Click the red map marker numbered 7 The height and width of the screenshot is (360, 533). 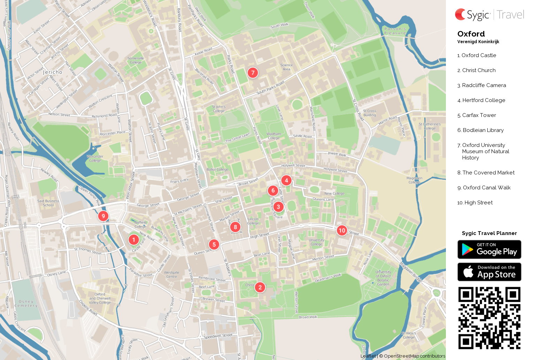(x=253, y=72)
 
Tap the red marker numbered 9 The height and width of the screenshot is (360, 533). (x=103, y=216)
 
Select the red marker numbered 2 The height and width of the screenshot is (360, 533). (x=260, y=287)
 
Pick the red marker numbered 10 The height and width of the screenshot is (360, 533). (x=342, y=230)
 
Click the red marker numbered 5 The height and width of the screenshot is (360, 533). (x=214, y=244)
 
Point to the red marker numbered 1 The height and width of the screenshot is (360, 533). (x=133, y=240)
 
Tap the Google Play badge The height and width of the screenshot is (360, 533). (x=489, y=250)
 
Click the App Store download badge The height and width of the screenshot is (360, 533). (x=489, y=272)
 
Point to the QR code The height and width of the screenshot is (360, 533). (x=489, y=318)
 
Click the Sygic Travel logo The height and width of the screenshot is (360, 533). (x=489, y=15)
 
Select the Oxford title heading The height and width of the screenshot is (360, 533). (x=471, y=34)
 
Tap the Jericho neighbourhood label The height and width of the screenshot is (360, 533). (x=53, y=72)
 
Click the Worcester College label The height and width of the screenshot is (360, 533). (x=95, y=158)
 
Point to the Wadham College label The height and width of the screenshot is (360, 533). (x=274, y=136)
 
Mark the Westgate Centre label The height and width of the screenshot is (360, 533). (x=171, y=275)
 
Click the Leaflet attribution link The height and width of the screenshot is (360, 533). (x=368, y=356)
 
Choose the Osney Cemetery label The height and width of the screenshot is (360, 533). (x=26, y=304)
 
